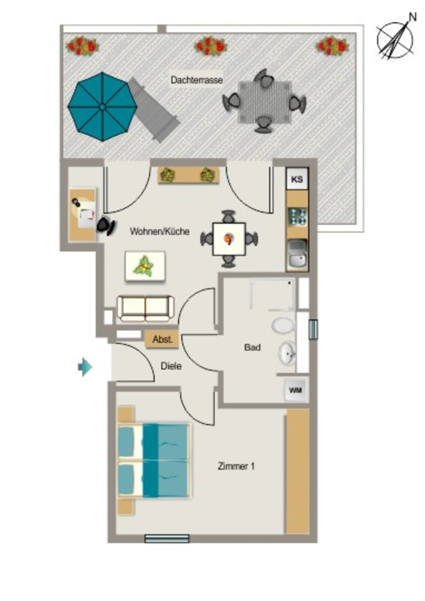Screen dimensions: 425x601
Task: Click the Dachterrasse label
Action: click(x=197, y=80)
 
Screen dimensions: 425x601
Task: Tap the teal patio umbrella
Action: click(x=102, y=107)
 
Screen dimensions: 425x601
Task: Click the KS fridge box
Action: click(x=297, y=179)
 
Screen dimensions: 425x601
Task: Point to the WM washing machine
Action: click(x=295, y=390)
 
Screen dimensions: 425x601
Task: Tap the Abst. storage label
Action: click(x=163, y=339)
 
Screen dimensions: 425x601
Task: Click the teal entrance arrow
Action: click(x=85, y=367)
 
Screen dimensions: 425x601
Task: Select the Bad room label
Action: click(x=252, y=347)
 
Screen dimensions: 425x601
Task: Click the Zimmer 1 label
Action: click(x=236, y=466)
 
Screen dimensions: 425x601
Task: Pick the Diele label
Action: click(x=171, y=366)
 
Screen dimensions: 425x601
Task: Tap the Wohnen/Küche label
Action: click(x=160, y=231)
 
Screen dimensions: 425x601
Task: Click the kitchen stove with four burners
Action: click(x=298, y=217)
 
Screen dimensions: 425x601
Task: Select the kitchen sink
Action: click(x=298, y=254)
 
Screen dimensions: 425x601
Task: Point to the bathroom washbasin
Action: click(x=288, y=353)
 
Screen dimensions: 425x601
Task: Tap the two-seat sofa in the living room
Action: click(x=145, y=308)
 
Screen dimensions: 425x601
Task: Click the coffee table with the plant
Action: click(x=145, y=266)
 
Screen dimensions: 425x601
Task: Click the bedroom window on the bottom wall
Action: click(x=167, y=539)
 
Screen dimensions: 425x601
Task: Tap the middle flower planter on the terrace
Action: click(x=210, y=46)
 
